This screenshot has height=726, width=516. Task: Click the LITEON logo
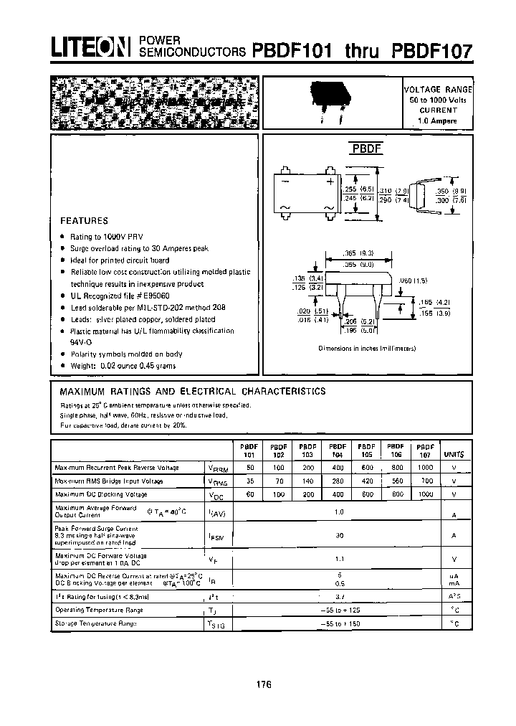89,47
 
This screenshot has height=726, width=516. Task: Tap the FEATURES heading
84,221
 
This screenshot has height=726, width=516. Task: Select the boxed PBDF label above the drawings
367,149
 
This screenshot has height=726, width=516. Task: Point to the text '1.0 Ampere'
439,122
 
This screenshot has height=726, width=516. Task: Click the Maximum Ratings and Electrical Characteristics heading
192,392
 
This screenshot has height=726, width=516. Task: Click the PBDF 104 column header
337,450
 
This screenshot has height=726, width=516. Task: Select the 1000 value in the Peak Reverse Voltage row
425,468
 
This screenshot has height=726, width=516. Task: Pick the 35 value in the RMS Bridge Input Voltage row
249,481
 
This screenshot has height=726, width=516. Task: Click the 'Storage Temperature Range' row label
99,623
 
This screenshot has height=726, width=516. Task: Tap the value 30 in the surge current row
338,534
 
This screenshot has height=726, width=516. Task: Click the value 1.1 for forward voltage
338,559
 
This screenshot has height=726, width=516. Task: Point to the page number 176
263,684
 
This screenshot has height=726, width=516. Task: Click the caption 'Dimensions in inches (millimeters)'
368,349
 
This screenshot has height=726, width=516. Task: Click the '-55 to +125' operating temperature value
338,610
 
